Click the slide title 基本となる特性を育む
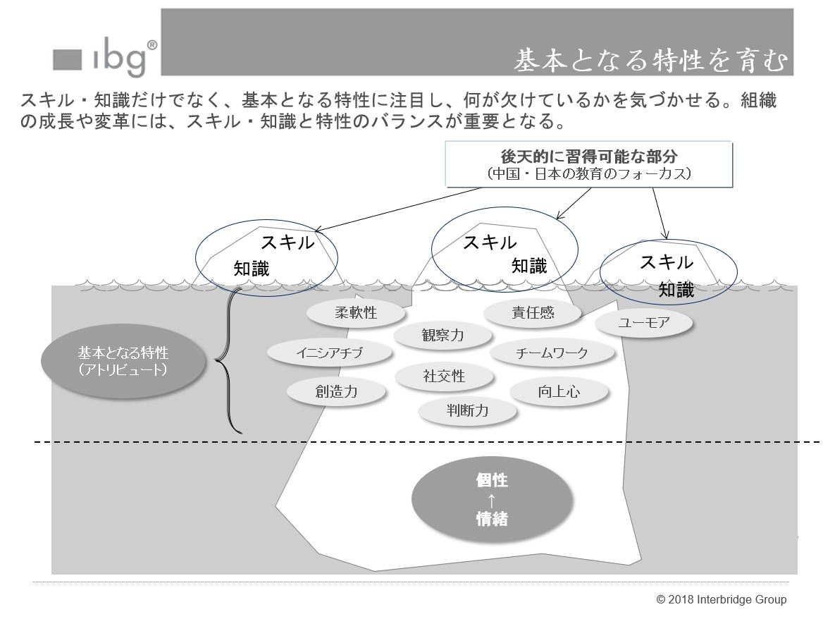point(648,61)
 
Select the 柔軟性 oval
point(356,312)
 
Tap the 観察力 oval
point(443,335)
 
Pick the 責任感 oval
point(533,312)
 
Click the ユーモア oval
point(643,324)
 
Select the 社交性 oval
point(444,376)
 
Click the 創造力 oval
point(336,392)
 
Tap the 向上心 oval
point(559,392)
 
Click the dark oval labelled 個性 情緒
point(490,500)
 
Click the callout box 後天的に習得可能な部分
point(588,164)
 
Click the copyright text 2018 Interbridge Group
point(721,600)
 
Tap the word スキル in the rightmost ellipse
point(666,262)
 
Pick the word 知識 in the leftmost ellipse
point(252,269)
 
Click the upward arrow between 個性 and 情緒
point(491,501)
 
